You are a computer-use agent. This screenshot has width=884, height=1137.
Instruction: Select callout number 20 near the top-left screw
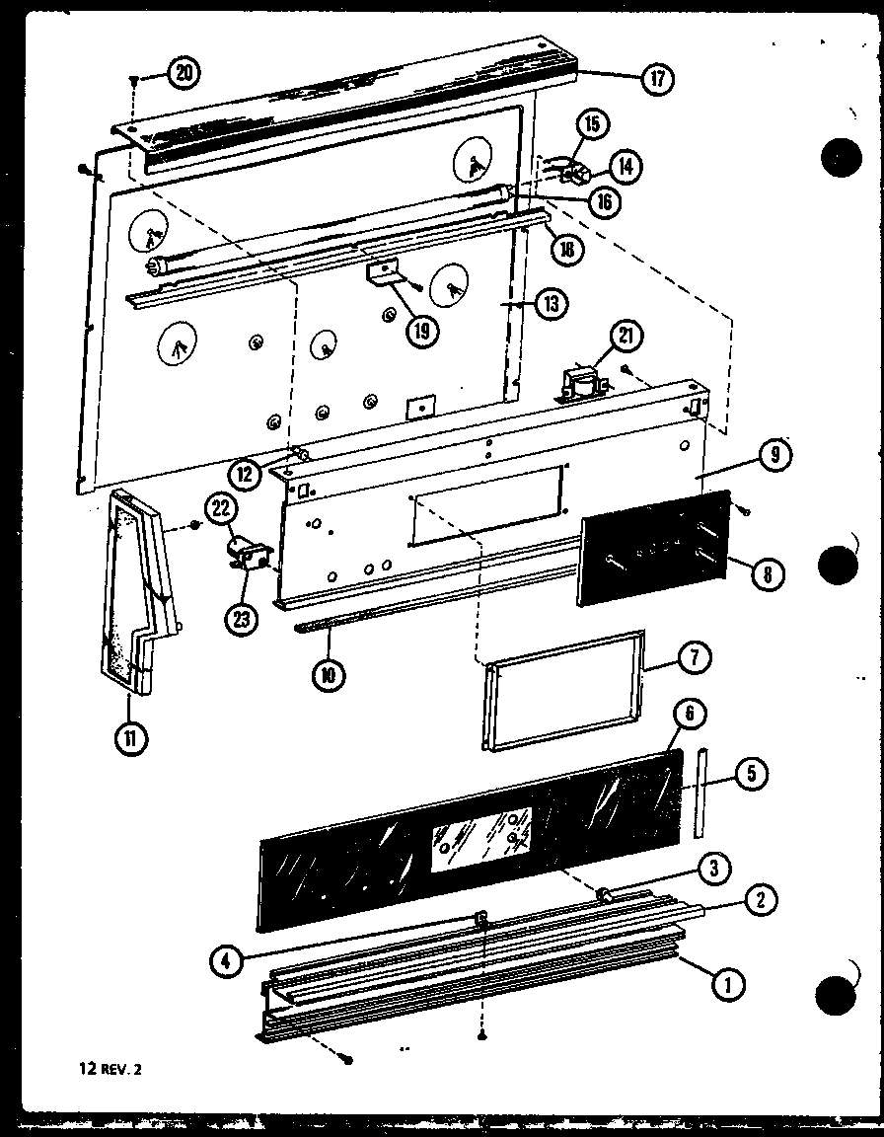point(183,71)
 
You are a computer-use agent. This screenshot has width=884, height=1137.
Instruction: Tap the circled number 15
point(593,124)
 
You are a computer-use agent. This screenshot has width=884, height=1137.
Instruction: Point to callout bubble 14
point(624,166)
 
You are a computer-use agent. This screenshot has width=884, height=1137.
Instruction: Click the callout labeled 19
point(421,330)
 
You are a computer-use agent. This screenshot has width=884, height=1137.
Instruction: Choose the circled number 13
point(551,305)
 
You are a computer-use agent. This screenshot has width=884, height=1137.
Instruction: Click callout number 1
point(728,983)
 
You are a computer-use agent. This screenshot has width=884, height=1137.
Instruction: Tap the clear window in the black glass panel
point(480,832)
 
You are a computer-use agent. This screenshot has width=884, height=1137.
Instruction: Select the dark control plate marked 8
point(653,549)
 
